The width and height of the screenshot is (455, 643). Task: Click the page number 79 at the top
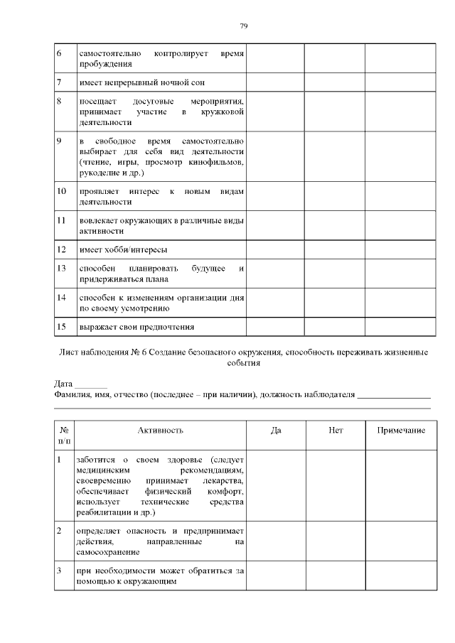pos(243,26)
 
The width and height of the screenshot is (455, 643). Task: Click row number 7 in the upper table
pos(60,82)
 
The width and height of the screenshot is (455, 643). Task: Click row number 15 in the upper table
pos(62,327)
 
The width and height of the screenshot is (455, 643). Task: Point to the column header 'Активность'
pos(161,431)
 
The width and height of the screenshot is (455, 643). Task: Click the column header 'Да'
pos(277,431)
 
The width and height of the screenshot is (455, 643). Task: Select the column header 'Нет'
pos(336,431)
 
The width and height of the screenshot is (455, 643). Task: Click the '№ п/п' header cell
pos(65,436)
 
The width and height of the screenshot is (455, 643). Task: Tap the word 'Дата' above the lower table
pos(63,384)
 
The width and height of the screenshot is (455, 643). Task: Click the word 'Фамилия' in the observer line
pos(72,395)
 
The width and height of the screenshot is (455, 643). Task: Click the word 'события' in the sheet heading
pos(243,362)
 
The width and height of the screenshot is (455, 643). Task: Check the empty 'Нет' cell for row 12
pos(336,250)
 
